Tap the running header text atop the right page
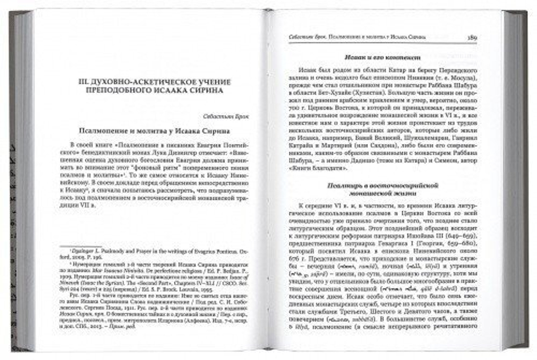tap(354, 38)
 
